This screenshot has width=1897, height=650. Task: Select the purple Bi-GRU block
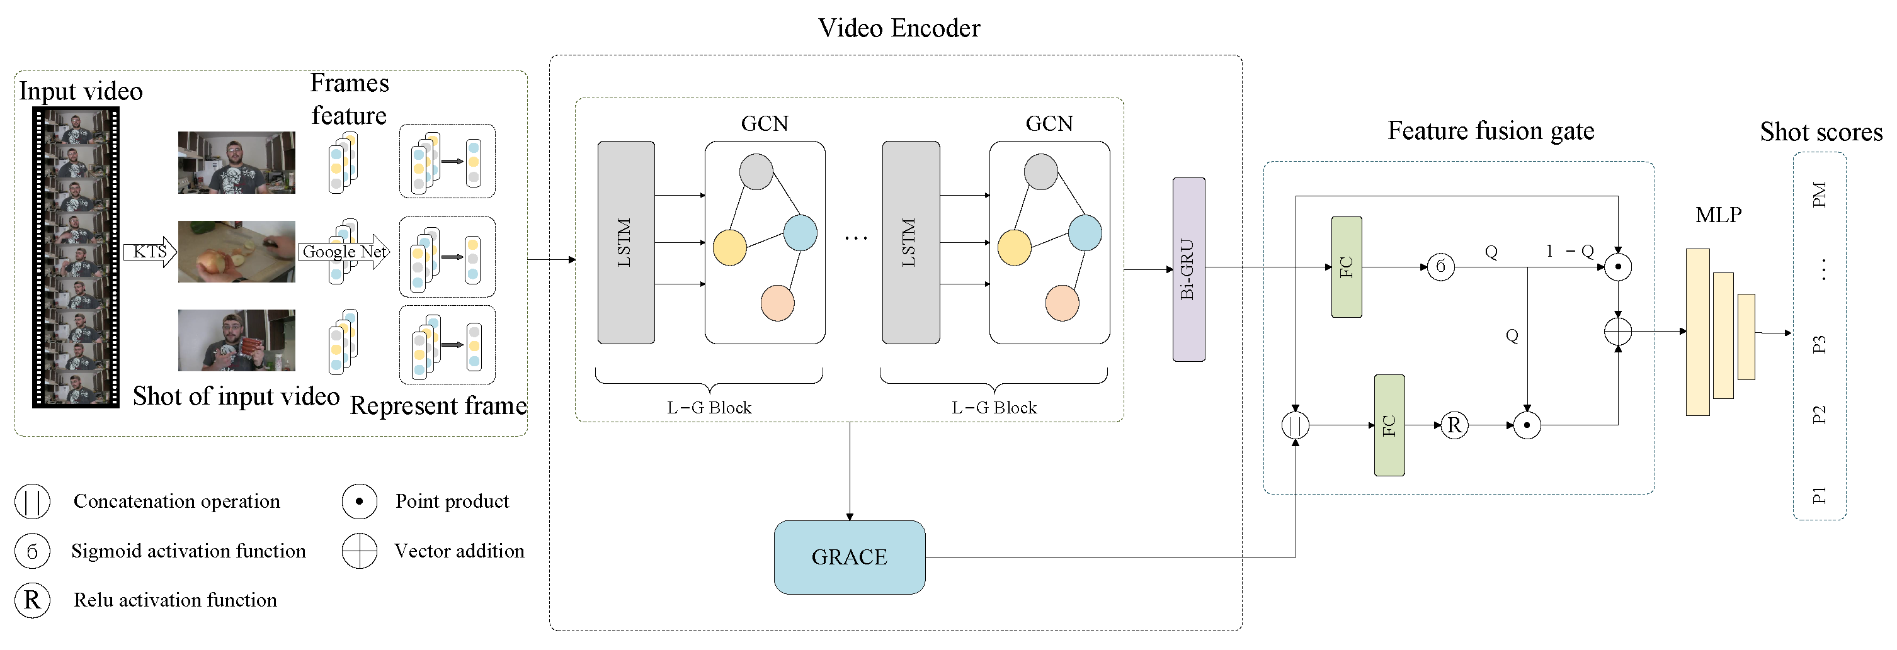pos(1188,269)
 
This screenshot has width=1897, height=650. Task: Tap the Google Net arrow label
pos(343,252)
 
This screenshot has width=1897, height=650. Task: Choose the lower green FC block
pos(1389,425)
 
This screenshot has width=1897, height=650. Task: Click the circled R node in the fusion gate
pos(1454,425)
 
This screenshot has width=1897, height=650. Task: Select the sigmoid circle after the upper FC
pos(1440,266)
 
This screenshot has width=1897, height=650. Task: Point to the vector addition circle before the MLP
pos(1617,331)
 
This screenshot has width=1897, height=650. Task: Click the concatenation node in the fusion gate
pos(1295,425)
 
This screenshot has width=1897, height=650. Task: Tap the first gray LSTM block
pos(626,242)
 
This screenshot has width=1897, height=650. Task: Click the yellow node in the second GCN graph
pos(1014,248)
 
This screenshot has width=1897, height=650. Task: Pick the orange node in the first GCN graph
pos(777,303)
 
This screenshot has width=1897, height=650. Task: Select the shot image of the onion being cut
pos(236,251)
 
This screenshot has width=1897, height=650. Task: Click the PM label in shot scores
pos(1819,194)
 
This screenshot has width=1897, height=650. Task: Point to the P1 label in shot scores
pos(1819,495)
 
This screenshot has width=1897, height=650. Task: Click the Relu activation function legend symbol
pos(32,600)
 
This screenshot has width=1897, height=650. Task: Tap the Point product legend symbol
pos(360,502)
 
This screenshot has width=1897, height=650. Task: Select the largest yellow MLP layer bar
pos(1697,332)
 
